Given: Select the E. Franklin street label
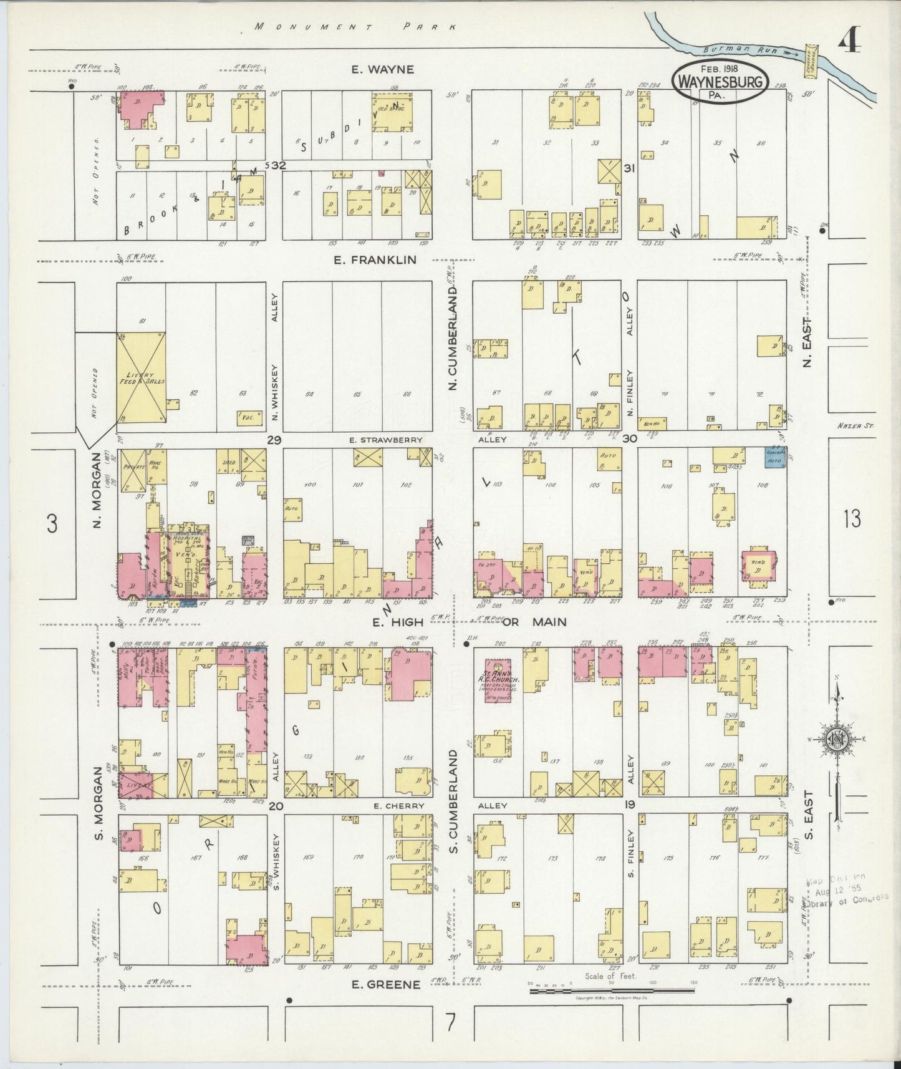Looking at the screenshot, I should point(374,260).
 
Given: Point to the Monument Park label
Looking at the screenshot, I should point(356,27).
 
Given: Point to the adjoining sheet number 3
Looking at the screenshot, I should point(52,524).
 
